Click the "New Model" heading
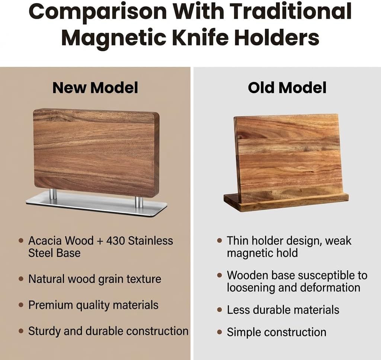coord(95,88)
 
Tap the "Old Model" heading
coord(287,88)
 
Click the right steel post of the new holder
coord(139,201)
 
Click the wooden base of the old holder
coord(286,203)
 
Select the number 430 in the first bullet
coord(115,241)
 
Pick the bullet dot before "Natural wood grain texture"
coord(21,279)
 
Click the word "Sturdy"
coord(45,331)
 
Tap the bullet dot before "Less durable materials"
coord(220,310)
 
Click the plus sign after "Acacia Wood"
coord(100,241)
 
